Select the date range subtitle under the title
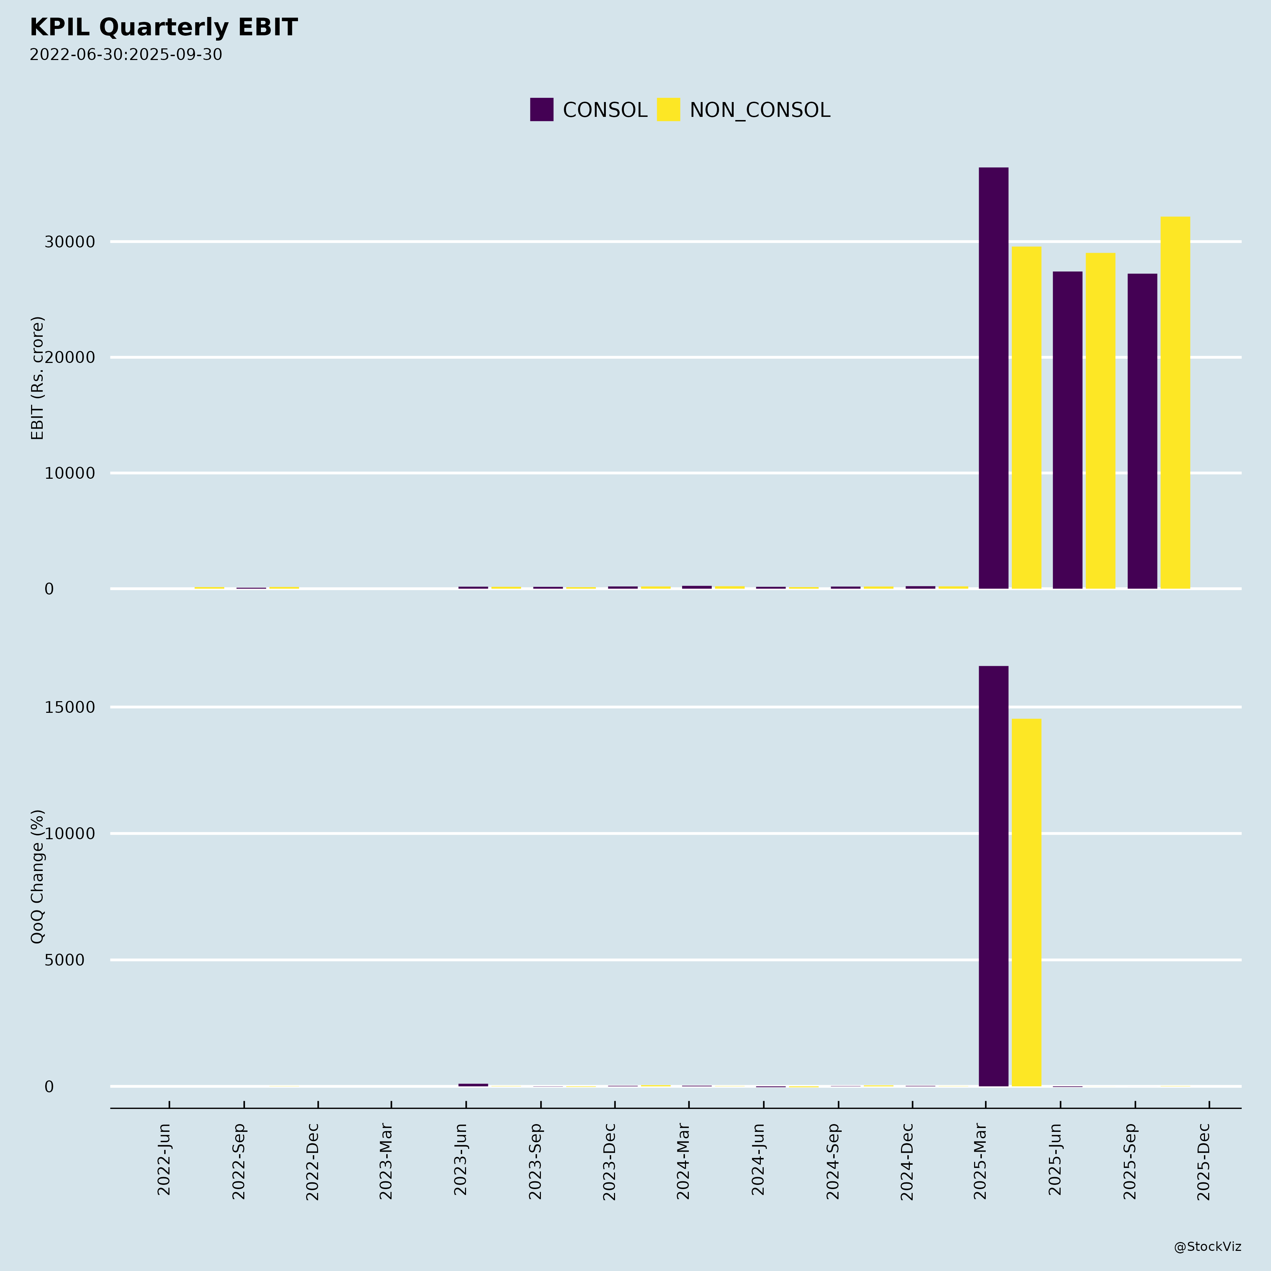(x=126, y=55)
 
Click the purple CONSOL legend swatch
(x=542, y=109)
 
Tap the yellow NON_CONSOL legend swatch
(x=668, y=109)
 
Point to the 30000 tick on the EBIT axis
(x=70, y=242)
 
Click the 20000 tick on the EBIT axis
(x=70, y=358)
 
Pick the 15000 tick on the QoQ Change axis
(x=70, y=708)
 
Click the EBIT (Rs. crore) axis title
(x=37, y=378)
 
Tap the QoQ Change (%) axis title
(x=37, y=876)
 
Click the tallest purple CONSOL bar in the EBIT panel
(x=993, y=378)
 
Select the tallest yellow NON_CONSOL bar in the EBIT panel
(x=1175, y=402)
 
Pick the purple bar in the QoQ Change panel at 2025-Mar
(x=993, y=876)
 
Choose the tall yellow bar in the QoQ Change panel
(x=1026, y=903)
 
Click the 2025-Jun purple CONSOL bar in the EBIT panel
(x=1067, y=430)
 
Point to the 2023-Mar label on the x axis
(x=386, y=1161)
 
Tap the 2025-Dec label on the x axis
(x=1204, y=1161)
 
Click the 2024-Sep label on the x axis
(x=833, y=1161)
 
